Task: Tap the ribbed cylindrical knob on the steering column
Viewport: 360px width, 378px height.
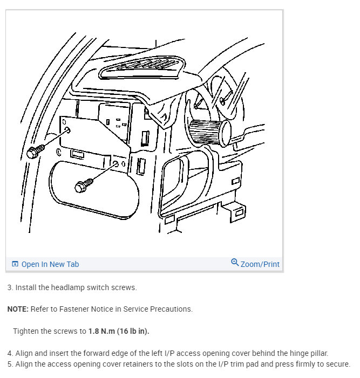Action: coord(207,132)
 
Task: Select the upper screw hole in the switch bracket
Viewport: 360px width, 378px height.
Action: coord(66,130)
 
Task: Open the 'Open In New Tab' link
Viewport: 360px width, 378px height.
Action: coord(50,264)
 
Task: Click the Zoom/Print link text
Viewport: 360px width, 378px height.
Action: coord(260,264)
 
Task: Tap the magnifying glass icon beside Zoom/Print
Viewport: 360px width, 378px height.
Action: coord(235,263)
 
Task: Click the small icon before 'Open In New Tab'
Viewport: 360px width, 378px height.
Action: coord(15,264)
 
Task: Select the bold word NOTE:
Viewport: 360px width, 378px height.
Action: coord(18,310)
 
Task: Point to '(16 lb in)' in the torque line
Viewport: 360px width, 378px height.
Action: coord(133,331)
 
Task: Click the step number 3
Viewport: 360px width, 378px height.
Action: coord(10,288)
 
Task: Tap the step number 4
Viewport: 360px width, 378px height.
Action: coord(10,353)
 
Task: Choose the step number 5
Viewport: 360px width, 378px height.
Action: coord(10,364)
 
